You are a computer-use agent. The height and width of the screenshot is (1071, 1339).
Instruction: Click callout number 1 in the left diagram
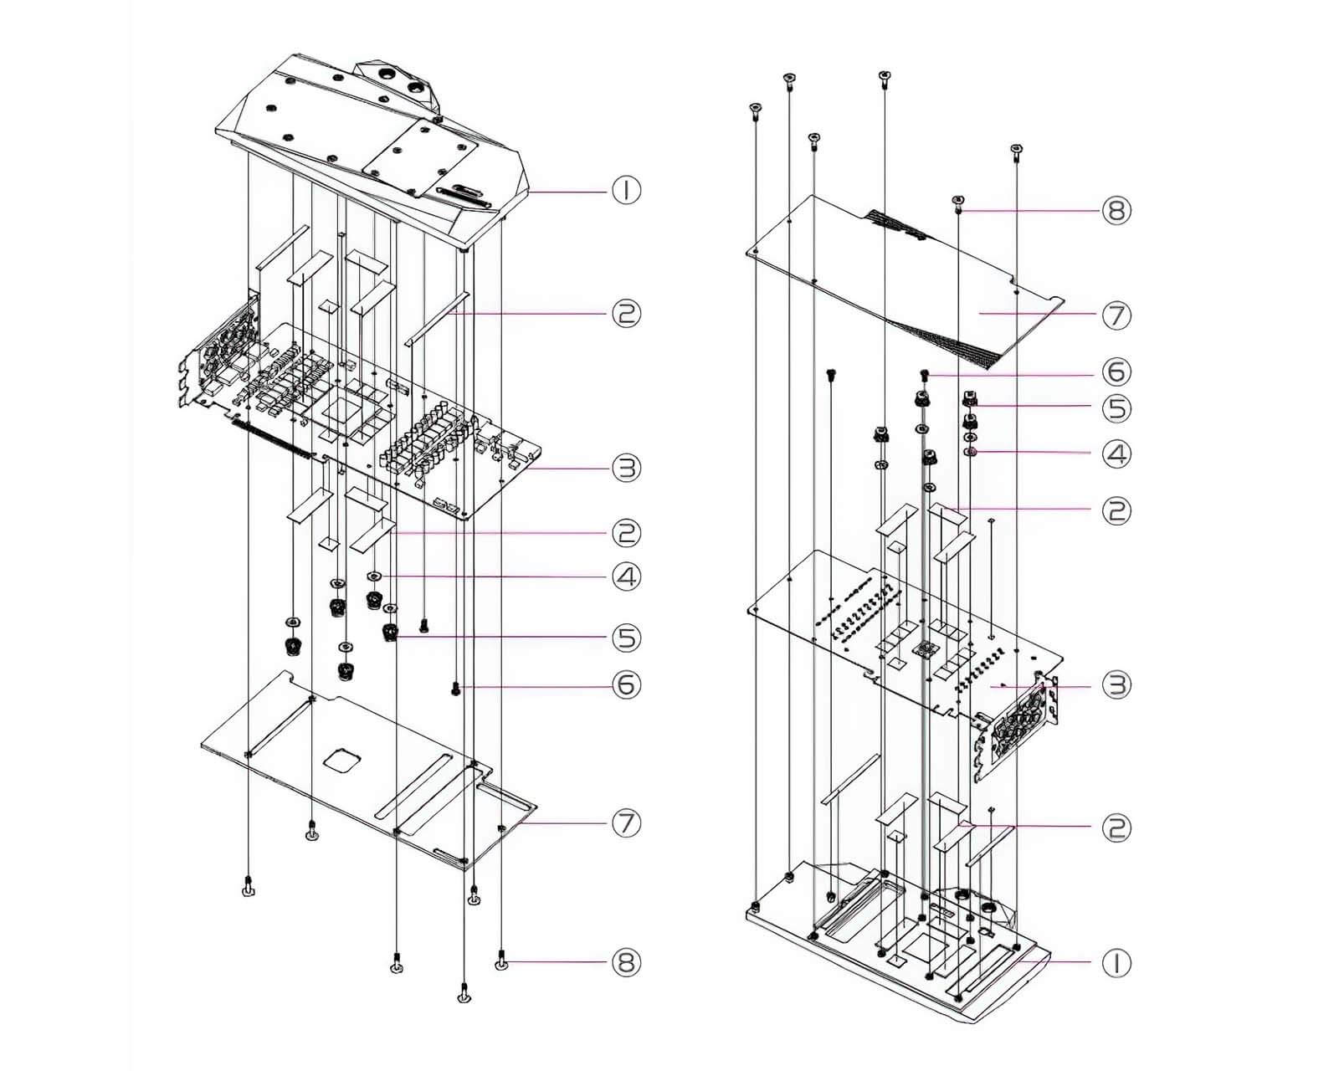626,191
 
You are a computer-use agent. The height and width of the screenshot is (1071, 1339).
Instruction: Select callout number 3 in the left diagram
626,468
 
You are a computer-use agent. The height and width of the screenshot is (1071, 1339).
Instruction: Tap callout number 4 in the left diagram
626,576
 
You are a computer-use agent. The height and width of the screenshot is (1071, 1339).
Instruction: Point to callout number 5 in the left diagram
626,638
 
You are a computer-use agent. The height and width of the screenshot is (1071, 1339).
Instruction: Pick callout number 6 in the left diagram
626,685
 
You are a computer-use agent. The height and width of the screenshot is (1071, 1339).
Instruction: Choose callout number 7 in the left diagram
626,823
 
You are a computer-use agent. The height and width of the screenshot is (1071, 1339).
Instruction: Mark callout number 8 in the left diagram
626,962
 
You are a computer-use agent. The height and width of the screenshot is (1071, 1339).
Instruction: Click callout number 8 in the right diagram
1116,210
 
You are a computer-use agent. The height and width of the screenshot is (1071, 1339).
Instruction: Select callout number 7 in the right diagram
1116,315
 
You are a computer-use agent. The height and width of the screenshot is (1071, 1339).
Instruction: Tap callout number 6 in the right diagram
1116,372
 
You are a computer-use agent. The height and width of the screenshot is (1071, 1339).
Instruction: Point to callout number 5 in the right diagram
1116,408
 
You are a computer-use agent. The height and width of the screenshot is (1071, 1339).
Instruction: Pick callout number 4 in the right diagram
1116,454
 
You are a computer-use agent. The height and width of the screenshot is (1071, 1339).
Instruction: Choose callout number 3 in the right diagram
1116,685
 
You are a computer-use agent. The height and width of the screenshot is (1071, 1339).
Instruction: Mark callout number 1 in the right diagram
1116,963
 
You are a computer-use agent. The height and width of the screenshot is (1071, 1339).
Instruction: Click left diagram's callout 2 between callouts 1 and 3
626,313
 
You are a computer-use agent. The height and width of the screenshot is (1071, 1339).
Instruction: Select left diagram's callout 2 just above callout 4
626,532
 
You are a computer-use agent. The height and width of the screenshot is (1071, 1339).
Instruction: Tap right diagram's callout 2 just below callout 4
1116,510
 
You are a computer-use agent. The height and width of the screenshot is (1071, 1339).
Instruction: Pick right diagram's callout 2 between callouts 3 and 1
1116,828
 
